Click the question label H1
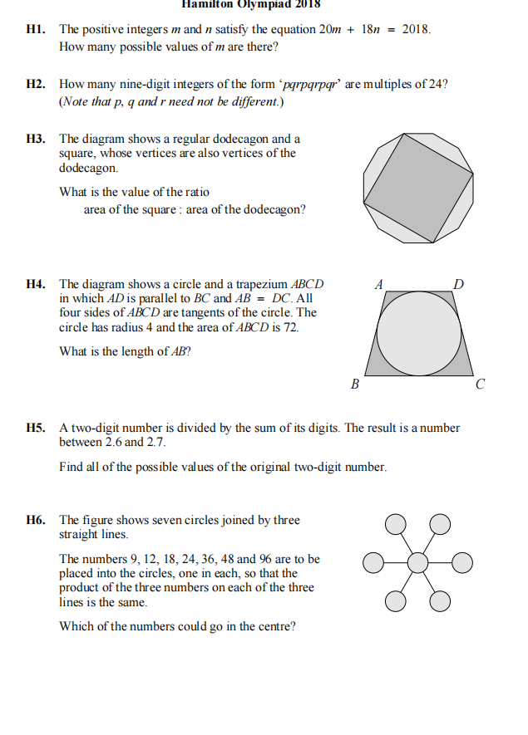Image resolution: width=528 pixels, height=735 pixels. coord(36,29)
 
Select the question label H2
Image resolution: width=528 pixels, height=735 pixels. coord(36,85)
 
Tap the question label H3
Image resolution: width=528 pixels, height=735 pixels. coord(36,139)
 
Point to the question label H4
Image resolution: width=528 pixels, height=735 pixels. coord(36,283)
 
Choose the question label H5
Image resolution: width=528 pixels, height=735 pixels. coord(36,428)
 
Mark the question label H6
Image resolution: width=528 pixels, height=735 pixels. coord(36,520)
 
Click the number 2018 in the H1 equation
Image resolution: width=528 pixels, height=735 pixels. coord(415,30)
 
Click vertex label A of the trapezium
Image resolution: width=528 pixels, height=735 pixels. coord(379,283)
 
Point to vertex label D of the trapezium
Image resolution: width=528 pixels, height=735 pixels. coord(457,284)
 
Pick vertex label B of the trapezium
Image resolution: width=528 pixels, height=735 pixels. coord(355,385)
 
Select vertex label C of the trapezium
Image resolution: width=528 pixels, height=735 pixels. coord(480,385)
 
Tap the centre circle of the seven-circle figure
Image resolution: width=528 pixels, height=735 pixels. coord(418,562)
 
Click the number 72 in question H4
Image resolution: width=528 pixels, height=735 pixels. coord(292,327)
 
